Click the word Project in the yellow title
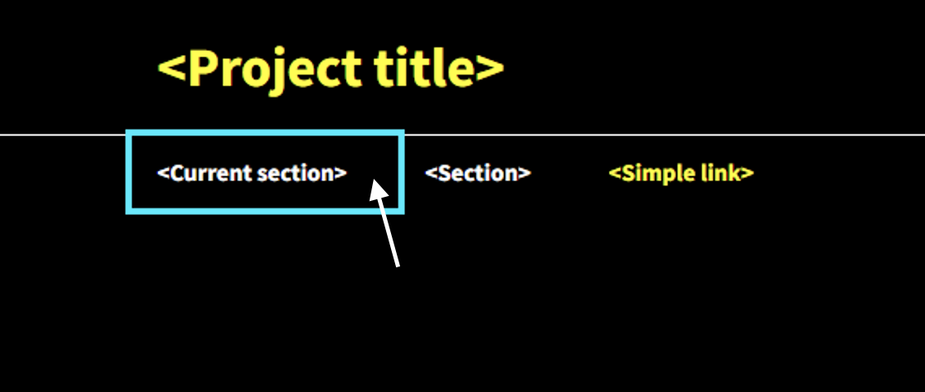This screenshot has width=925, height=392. click(275, 70)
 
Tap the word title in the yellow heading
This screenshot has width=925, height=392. click(424, 67)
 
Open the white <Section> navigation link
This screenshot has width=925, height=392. click(478, 173)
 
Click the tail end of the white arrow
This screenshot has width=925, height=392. click(398, 267)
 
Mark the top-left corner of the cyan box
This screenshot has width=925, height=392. click(127, 130)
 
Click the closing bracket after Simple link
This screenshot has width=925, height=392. click(748, 173)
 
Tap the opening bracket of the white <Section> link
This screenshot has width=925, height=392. click(431, 173)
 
